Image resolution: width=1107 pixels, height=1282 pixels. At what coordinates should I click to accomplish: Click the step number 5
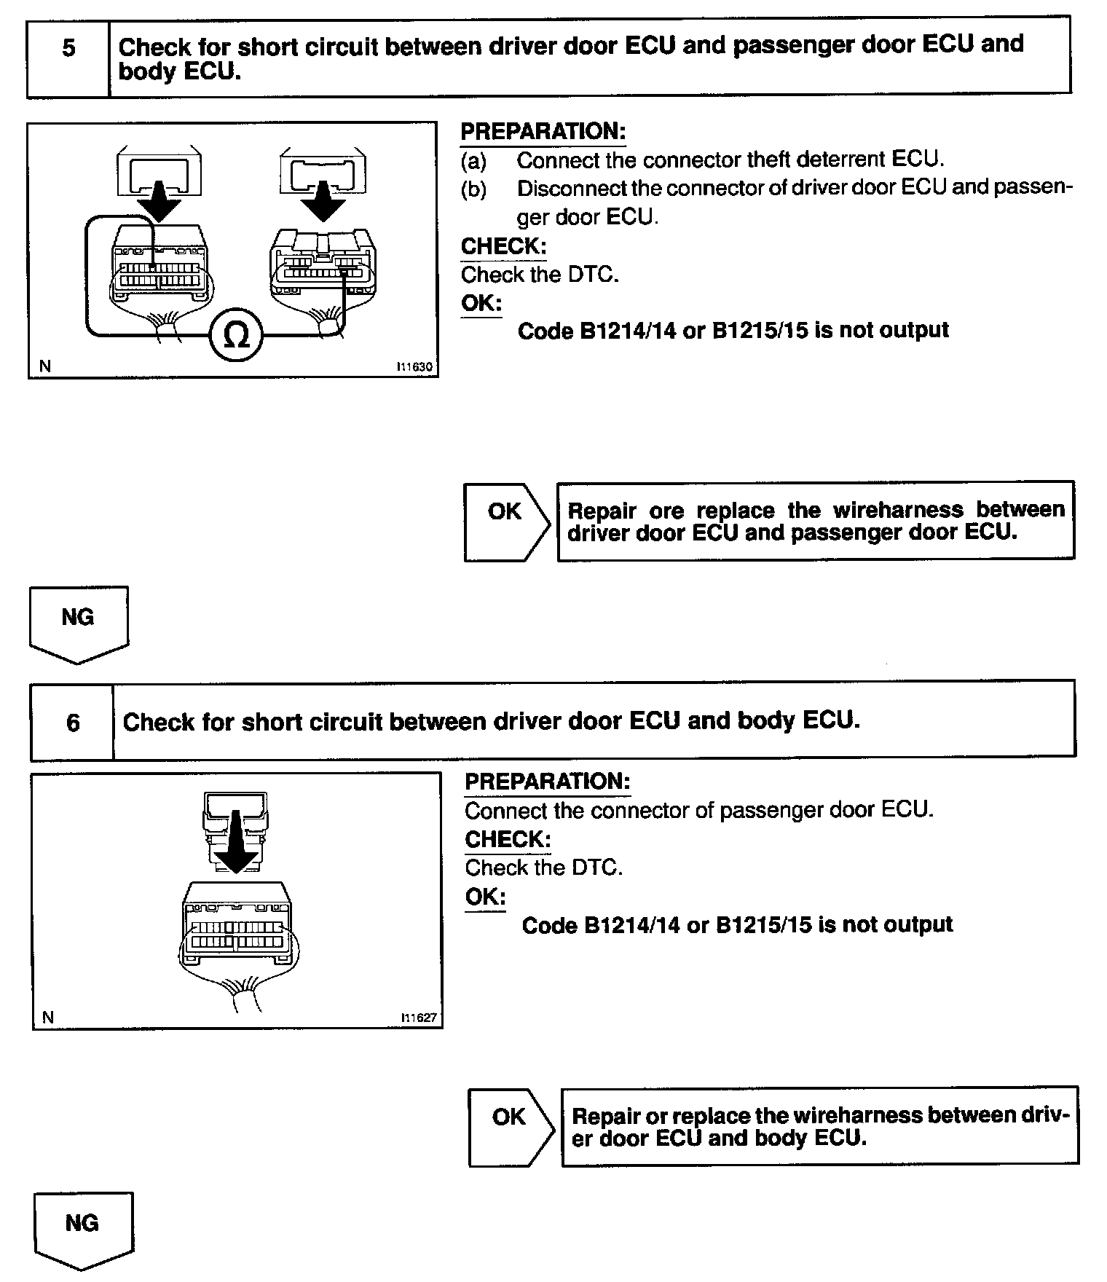click(x=68, y=49)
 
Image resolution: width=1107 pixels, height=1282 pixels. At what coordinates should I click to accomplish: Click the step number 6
click(x=73, y=723)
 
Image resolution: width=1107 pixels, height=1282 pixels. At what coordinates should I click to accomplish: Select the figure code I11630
click(x=414, y=367)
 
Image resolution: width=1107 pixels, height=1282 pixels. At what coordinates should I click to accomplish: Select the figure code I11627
click(x=419, y=1018)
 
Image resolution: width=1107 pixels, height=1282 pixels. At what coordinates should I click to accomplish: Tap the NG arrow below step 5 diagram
click(x=79, y=623)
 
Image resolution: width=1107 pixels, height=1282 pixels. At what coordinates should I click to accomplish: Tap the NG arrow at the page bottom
click(x=83, y=1229)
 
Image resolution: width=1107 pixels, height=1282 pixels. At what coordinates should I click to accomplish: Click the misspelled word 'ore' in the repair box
click(x=666, y=511)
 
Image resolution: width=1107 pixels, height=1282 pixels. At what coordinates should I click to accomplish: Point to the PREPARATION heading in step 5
click(x=543, y=132)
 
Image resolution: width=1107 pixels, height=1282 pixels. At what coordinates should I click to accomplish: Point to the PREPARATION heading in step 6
click(x=548, y=782)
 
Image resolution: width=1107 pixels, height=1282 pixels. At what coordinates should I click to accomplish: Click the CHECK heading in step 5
click(x=503, y=246)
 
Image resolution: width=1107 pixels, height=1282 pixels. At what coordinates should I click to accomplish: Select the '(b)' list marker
click(x=473, y=189)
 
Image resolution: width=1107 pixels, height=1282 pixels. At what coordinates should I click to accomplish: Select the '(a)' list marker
click(x=473, y=160)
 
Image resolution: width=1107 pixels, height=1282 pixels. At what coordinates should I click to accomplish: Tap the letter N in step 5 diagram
click(x=45, y=366)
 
